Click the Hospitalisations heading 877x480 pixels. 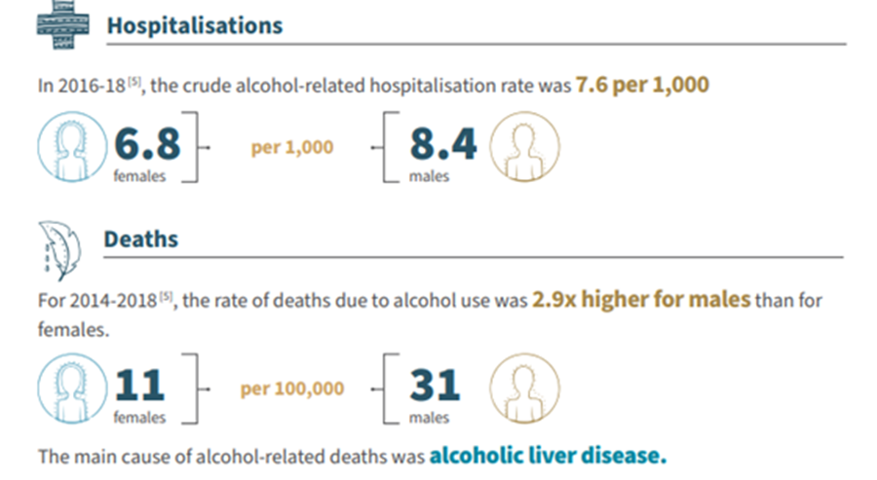tap(194, 24)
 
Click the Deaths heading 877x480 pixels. tap(142, 239)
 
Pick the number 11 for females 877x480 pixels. tap(140, 386)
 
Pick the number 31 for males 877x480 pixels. tap(435, 386)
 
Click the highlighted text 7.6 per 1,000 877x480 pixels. tap(642, 85)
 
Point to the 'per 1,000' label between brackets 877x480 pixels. tap(292, 147)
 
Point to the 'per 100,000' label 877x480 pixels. tap(292, 388)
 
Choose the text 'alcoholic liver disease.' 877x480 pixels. tap(549, 455)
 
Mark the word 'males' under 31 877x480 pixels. tap(431, 418)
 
